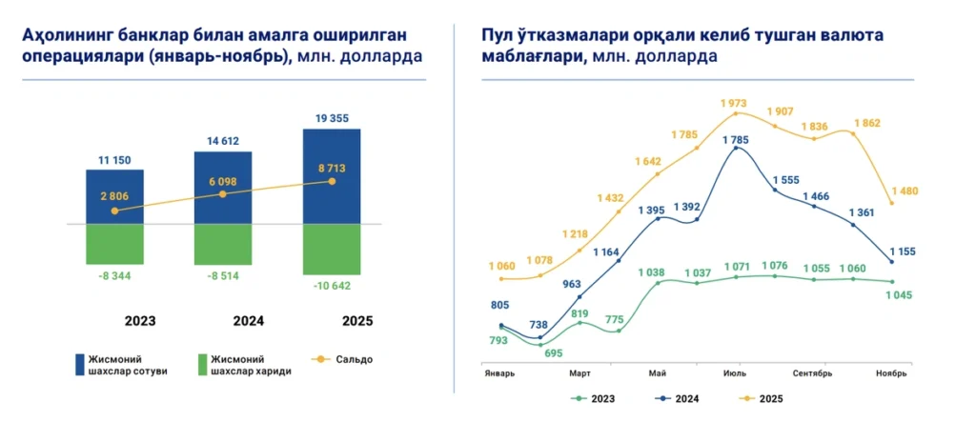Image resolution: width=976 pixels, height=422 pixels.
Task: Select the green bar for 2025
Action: click(x=332, y=250)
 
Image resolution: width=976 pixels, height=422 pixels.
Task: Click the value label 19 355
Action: click(x=332, y=118)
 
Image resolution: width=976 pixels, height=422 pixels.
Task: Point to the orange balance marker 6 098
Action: click(x=223, y=193)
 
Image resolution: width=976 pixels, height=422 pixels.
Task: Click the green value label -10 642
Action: click(x=332, y=284)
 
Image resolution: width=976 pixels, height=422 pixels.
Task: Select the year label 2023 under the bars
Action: click(x=114, y=321)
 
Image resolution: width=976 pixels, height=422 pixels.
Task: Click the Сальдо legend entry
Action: click(x=350, y=359)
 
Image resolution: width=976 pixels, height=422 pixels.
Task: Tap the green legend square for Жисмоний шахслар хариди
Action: click(x=201, y=364)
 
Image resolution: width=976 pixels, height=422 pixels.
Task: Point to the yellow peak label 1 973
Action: click(x=736, y=102)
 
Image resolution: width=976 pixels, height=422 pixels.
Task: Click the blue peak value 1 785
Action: click(x=735, y=140)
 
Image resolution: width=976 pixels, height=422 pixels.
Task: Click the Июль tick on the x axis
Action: click(x=735, y=373)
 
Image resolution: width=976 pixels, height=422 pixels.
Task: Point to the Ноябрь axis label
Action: click(x=891, y=373)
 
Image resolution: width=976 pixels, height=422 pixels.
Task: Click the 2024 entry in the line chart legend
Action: click(x=680, y=399)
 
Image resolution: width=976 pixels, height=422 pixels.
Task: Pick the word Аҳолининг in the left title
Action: click(x=74, y=35)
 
